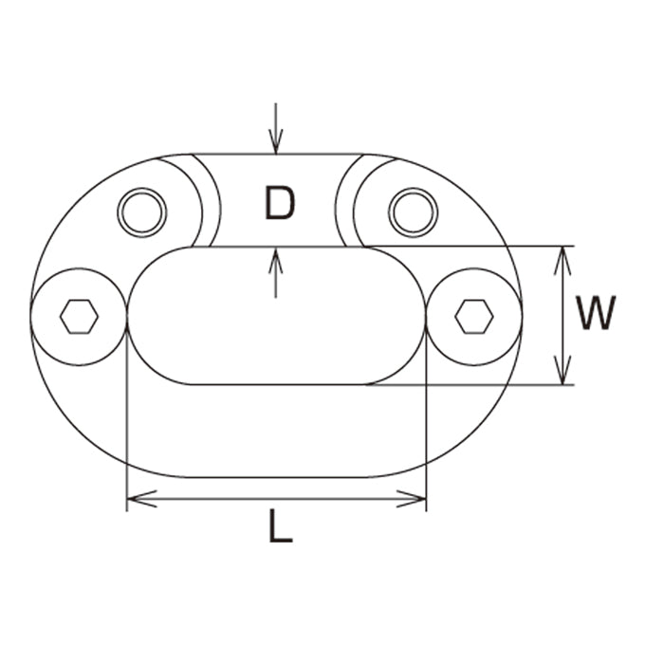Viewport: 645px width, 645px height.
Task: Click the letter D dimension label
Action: (280, 203)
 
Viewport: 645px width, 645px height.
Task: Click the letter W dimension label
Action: (596, 312)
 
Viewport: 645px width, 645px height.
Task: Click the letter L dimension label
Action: (281, 525)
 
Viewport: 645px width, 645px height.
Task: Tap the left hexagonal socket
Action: (79, 316)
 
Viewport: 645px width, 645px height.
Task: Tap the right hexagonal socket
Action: (474, 316)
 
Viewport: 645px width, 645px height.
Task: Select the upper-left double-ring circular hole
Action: (142, 212)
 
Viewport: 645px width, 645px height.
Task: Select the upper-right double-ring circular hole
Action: (413, 212)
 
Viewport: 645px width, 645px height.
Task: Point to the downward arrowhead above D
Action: (276, 142)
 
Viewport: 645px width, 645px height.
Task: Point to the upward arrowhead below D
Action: (276, 260)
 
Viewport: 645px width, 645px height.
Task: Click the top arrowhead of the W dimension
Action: (563, 261)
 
